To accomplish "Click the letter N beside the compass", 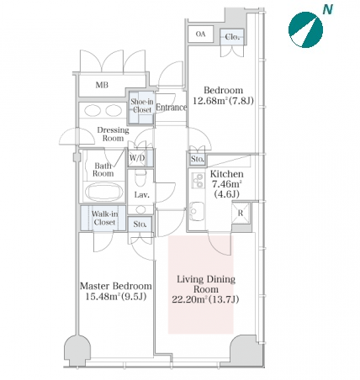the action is (x=327, y=9).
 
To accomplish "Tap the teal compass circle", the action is (x=305, y=30).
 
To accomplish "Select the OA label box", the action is (x=200, y=34).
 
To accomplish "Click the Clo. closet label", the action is (x=232, y=37).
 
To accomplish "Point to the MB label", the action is (x=102, y=85).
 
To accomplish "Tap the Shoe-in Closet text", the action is (x=142, y=106).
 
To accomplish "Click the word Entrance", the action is (x=172, y=108).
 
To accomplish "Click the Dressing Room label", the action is (x=113, y=134).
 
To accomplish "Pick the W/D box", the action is (x=137, y=158).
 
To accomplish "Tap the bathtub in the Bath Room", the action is (x=104, y=192).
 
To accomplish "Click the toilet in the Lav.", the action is (x=140, y=177).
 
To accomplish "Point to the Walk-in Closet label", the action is (x=104, y=218).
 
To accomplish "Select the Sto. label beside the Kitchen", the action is (x=198, y=159).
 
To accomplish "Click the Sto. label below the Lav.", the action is (x=140, y=224).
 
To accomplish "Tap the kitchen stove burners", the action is (x=199, y=181).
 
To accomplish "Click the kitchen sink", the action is (x=197, y=211).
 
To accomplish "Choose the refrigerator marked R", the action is (x=241, y=214).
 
